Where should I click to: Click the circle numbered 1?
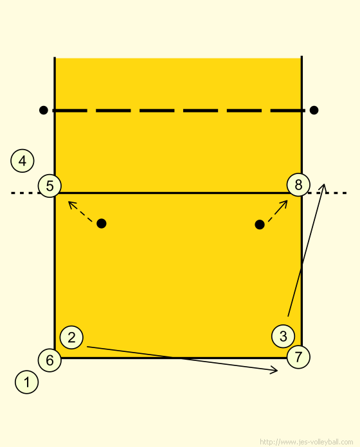click(x=26, y=382)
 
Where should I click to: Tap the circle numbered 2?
click(x=71, y=337)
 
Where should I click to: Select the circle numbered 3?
click(x=283, y=336)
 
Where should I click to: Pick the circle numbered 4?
click(x=22, y=161)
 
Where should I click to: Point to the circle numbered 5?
click(x=50, y=186)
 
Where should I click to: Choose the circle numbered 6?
click(x=50, y=360)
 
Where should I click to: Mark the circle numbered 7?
click(x=298, y=356)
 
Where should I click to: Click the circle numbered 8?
click(x=298, y=184)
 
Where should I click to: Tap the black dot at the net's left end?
click(x=43, y=110)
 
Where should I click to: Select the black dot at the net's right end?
click(x=314, y=110)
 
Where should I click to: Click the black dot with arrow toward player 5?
click(x=102, y=223)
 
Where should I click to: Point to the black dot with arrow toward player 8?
click(x=260, y=225)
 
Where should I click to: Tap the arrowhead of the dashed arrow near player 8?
click(x=287, y=200)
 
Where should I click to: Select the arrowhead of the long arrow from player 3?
click(x=324, y=184)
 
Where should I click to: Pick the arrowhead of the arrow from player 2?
click(x=277, y=371)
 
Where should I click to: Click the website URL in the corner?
click(x=307, y=442)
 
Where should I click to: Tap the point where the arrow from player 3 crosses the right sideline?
click(x=301, y=267)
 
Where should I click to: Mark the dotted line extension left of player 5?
click(x=24, y=193)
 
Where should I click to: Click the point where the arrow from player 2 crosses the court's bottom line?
click(x=177, y=358)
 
